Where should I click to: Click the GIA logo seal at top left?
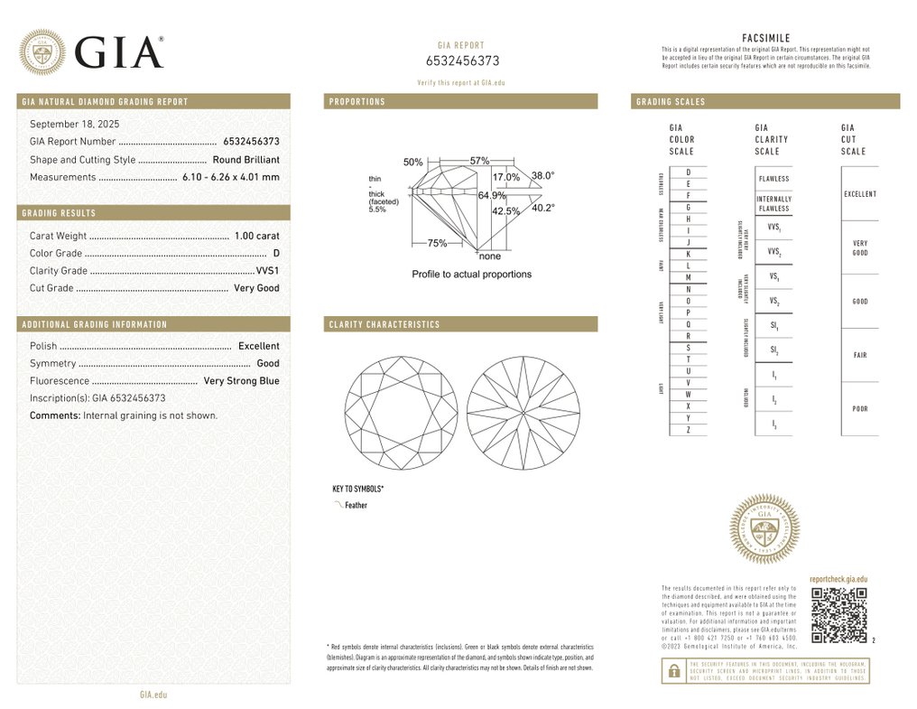click(x=42, y=51)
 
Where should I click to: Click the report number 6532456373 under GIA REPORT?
click(x=462, y=61)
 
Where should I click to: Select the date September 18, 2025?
click(x=75, y=124)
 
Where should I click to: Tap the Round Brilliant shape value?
click(x=245, y=160)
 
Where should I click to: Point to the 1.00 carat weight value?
click(x=256, y=236)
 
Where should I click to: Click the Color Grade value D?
click(x=276, y=254)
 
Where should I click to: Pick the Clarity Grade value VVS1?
click(x=267, y=271)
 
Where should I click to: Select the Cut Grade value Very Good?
click(x=256, y=288)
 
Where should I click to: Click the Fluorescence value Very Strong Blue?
click(x=241, y=381)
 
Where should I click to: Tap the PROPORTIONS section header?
click(x=357, y=102)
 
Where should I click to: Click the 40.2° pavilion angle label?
click(x=542, y=208)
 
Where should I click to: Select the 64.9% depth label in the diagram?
click(x=492, y=195)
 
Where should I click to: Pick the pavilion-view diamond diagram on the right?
click(x=523, y=413)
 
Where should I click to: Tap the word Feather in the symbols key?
click(x=356, y=506)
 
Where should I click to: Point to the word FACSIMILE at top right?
click(x=765, y=38)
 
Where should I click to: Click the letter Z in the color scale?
click(x=688, y=430)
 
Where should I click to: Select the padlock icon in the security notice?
click(x=672, y=671)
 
